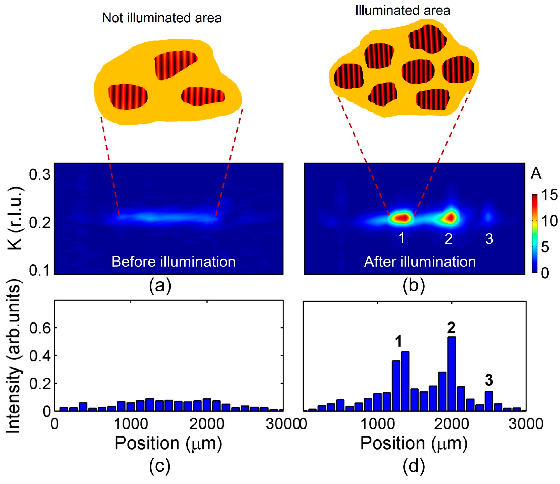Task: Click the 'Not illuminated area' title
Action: click(x=162, y=18)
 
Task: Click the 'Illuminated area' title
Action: click(x=403, y=11)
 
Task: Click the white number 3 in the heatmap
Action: click(x=489, y=239)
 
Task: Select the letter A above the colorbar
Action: click(x=536, y=174)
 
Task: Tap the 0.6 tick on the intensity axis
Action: click(x=40, y=328)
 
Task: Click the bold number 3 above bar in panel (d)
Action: click(x=489, y=380)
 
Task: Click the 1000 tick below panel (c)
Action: click(x=131, y=424)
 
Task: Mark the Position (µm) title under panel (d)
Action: click(x=414, y=444)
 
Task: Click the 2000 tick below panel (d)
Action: click(x=451, y=424)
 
